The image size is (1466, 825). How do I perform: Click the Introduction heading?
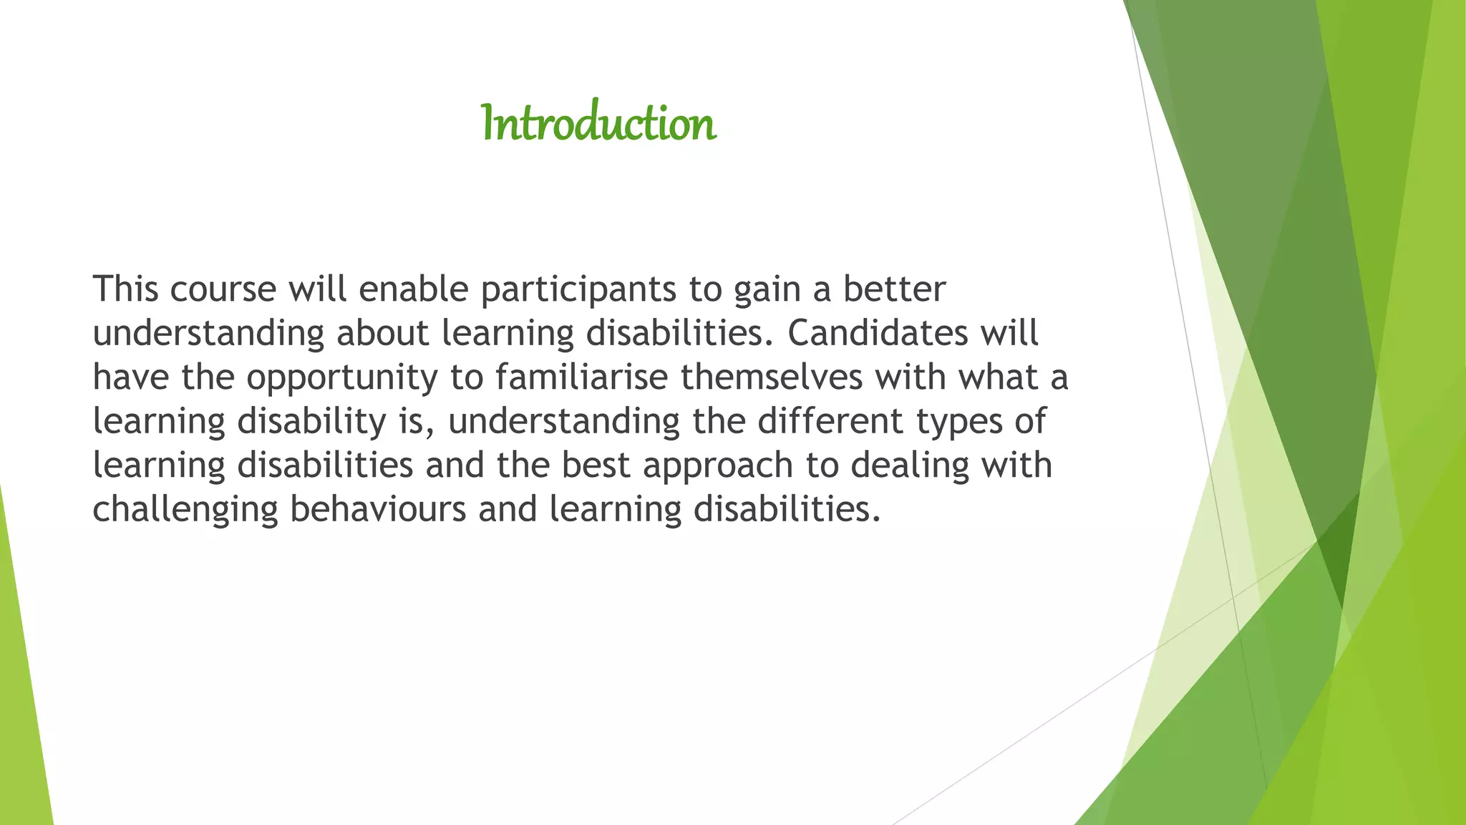coord(598,123)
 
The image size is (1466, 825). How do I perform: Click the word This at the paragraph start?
coord(125,289)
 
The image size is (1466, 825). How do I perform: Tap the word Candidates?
coord(878,333)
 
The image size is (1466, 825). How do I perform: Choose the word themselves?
coord(772,377)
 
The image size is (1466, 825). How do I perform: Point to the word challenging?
coord(185,511)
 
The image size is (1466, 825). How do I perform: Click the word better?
coord(894,289)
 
